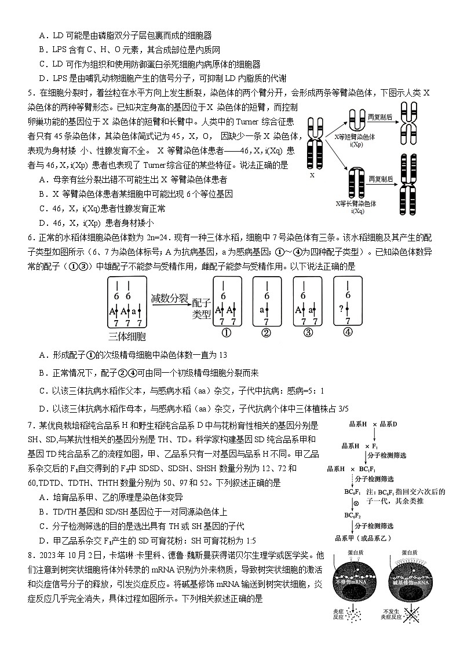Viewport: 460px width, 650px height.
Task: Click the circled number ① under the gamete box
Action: click(227, 333)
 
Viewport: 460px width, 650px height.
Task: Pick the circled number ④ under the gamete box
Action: click(348, 333)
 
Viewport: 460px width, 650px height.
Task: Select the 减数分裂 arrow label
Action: click(169, 299)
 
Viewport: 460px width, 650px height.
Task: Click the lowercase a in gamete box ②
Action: click(263, 310)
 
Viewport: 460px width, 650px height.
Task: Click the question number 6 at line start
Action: click(30, 237)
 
